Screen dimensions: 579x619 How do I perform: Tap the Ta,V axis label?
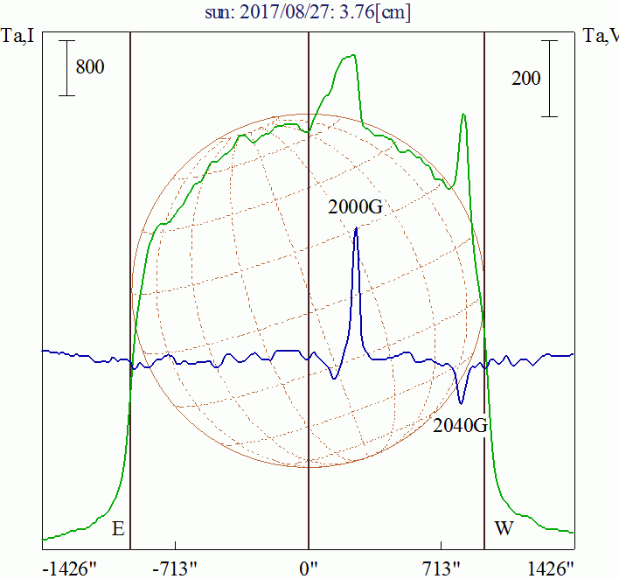(600, 36)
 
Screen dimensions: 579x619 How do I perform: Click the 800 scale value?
(90, 67)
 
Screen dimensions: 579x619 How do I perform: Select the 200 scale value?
(526, 79)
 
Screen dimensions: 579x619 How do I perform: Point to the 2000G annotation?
(356, 207)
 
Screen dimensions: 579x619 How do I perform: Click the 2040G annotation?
(460, 426)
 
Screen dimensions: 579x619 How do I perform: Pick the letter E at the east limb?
(118, 529)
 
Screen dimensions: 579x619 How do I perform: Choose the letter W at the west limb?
(504, 529)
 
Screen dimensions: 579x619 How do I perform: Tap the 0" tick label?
(309, 569)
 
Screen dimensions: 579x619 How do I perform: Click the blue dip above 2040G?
(461, 401)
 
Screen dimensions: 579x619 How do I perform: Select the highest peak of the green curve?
(352, 56)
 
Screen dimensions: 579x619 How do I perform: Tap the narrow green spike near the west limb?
(463, 115)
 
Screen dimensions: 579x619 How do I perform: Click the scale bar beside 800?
(68, 67)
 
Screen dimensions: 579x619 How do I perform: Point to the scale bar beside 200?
(550, 78)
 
